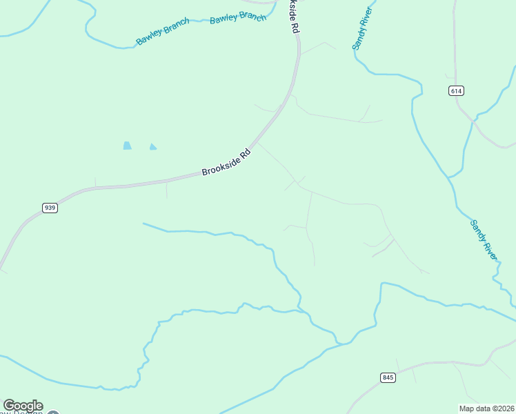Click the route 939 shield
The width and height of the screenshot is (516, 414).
[49, 208]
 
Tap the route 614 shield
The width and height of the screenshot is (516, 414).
[456, 91]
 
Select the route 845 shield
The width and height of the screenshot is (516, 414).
[387, 377]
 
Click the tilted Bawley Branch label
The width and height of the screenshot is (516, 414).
[163, 32]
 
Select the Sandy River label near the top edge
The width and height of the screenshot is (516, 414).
[363, 30]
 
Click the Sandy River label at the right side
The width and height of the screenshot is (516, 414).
[484, 239]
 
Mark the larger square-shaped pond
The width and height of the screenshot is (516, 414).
[127, 146]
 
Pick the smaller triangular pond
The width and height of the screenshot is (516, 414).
[152, 146]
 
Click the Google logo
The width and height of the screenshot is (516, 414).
[23, 406]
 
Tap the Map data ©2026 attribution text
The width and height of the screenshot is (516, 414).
[486, 408]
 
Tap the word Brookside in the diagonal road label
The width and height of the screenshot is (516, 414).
[220, 165]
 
